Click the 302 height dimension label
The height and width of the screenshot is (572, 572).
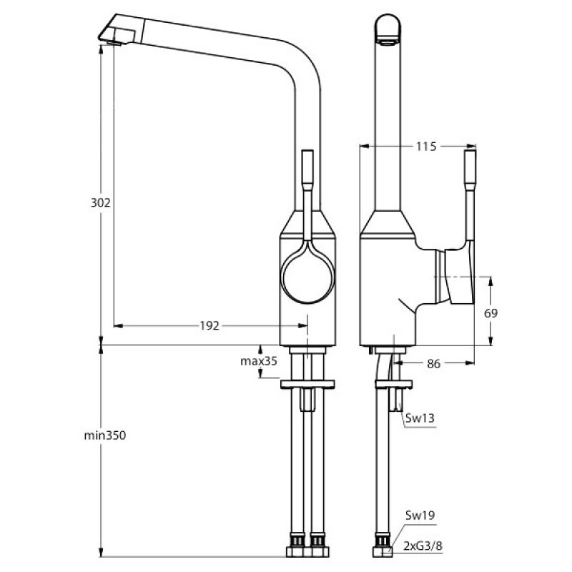tap(100, 202)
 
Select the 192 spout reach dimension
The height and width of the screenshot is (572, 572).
tap(209, 325)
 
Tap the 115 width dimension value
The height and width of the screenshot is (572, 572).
tap(426, 147)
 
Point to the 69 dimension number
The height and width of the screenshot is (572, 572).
tap(490, 313)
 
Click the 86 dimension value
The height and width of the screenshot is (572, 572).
tap(433, 363)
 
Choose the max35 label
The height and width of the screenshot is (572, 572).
tap(259, 361)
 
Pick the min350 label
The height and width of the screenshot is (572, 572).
tap(105, 435)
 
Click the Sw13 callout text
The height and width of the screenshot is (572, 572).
tap(420, 418)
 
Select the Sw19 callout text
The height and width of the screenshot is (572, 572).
tap(420, 515)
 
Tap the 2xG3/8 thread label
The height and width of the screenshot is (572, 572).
tap(423, 546)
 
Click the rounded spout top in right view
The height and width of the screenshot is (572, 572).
tap(388, 25)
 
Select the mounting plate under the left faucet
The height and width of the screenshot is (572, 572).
tap(307, 384)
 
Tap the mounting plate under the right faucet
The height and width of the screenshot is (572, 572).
tap(394, 384)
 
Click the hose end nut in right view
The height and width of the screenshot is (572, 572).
tap(383, 551)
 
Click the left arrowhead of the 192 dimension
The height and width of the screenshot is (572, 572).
tap(118, 325)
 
